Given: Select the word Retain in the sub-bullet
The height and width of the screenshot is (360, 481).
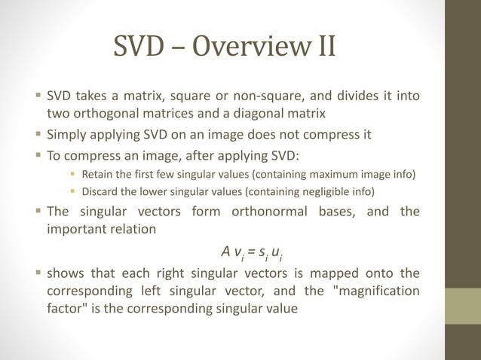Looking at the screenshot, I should tap(98, 175).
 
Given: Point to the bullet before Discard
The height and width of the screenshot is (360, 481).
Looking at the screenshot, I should tap(73, 192).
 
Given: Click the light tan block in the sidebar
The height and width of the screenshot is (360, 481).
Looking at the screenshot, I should tap(462, 307).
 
